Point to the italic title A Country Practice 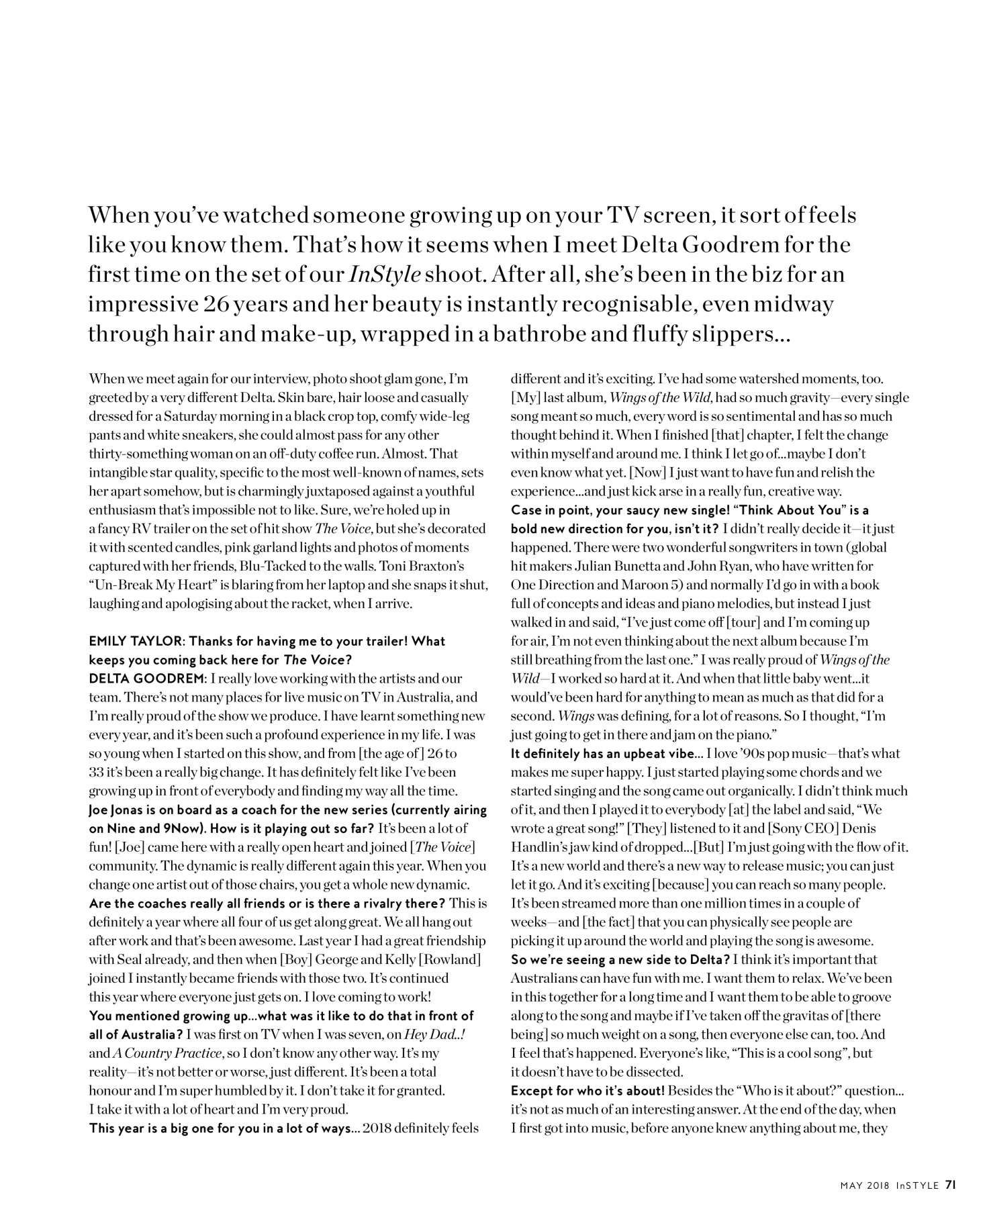pyautogui.click(x=156, y=1053)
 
